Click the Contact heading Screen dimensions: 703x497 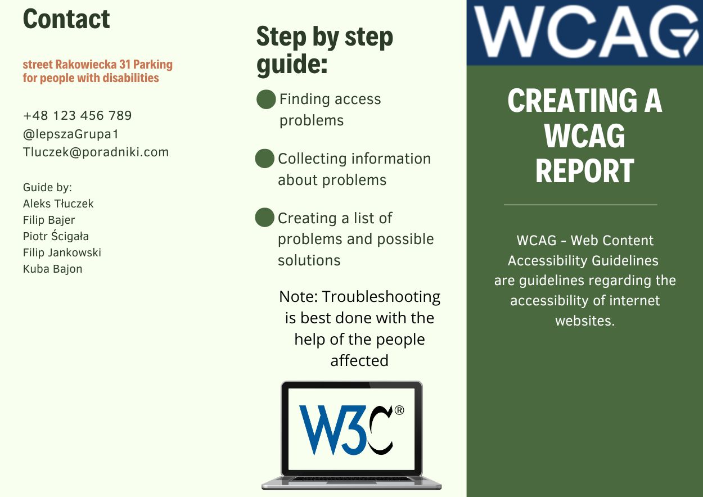[x=66, y=19]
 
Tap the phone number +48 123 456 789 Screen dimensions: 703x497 [x=77, y=115]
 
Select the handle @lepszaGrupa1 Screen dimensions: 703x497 [x=71, y=134]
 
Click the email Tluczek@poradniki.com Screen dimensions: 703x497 [x=96, y=152]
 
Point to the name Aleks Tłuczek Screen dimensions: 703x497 [x=58, y=204]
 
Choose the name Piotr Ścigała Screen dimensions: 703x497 [x=56, y=236]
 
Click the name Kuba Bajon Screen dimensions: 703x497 [x=53, y=269]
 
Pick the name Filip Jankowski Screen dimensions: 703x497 [x=62, y=252]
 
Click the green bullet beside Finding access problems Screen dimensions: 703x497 [x=266, y=99]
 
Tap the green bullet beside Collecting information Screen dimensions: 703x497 [x=264, y=159]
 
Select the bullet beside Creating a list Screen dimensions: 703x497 [x=264, y=218]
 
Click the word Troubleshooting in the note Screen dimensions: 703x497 [x=381, y=297]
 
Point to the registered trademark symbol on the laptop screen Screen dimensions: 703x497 [x=399, y=410]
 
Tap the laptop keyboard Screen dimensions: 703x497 [x=351, y=479]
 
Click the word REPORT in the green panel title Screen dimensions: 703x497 [x=585, y=171]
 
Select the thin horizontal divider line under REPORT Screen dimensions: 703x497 [x=580, y=205]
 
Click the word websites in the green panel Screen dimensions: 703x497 [x=585, y=320]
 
